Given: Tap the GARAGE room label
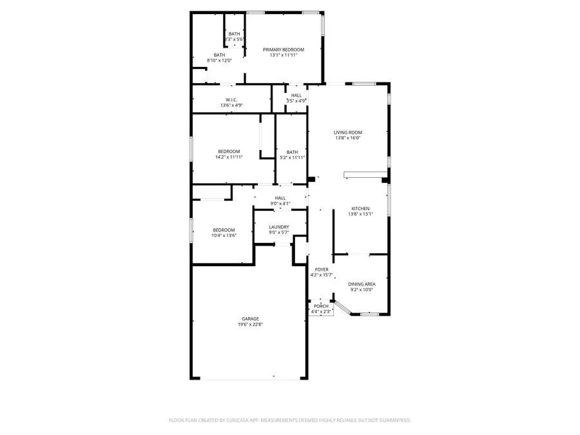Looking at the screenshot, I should [250, 319].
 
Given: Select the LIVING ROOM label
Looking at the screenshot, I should [348, 132].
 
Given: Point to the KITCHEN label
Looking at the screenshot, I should [360, 208].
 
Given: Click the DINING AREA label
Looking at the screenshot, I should [362, 284].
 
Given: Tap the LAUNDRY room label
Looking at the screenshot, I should [279, 227].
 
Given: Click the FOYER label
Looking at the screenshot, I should [322, 269].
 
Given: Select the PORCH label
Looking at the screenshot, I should [321, 306].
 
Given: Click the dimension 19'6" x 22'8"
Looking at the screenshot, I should [250, 325].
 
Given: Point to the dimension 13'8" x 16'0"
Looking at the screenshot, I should [348, 138].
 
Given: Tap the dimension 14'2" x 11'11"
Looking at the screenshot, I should [227, 157].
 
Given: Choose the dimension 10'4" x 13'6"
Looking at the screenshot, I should [224, 236].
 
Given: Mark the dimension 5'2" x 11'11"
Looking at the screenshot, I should [292, 158].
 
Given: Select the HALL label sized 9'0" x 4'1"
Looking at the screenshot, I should [280, 198].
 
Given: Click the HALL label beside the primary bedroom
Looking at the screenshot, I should [296, 95].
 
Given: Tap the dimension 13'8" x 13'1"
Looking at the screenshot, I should [360, 214].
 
